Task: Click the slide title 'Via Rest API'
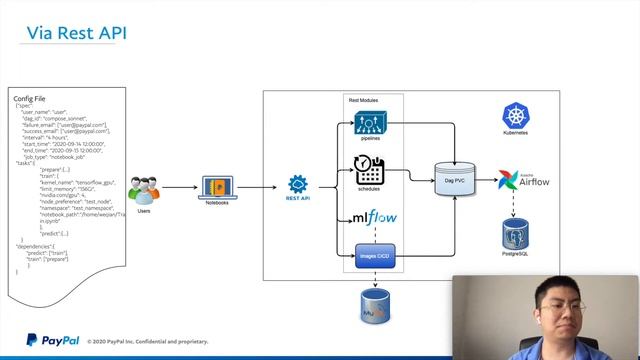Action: coord(76,34)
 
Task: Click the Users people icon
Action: coord(144,187)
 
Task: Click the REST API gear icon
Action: coord(297,185)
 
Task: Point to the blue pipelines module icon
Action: coord(370,125)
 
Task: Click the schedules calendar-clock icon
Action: coord(370,171)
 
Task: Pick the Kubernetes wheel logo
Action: coord(516,116)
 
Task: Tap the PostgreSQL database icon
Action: coord(516,236)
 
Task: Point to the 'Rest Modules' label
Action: coord(366,101)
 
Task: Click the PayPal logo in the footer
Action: coord(47,339)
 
